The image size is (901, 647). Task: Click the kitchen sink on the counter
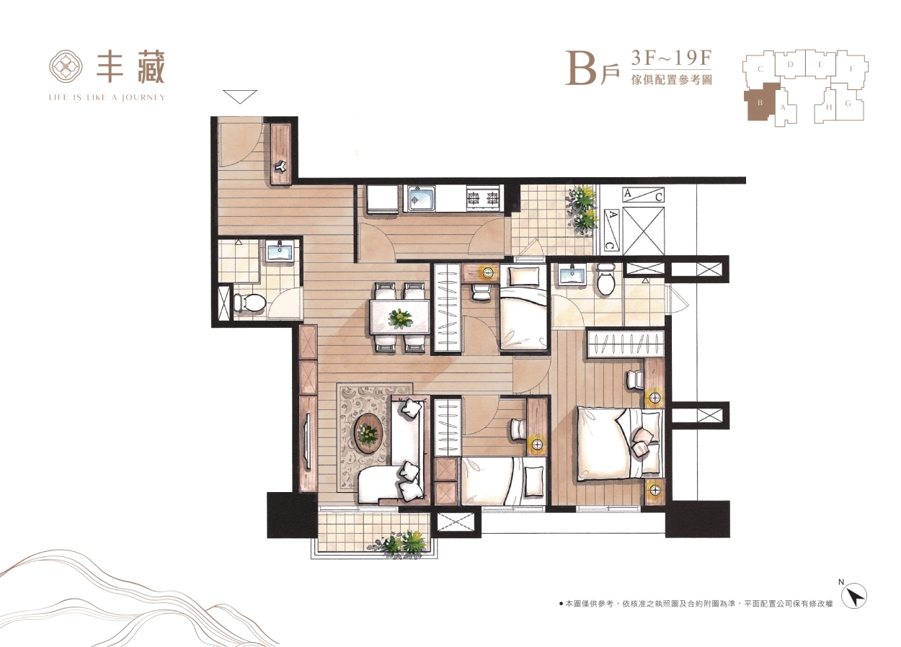coord(421,199)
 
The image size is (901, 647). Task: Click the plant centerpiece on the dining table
coord(400,318)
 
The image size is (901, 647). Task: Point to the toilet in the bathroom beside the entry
coord(249,303)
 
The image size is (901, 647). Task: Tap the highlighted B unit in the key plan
coord(760,102)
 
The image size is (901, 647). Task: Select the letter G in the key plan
coord(848,103)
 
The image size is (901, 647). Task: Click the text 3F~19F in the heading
coord(671,58)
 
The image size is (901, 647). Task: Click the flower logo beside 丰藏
coord(66,67)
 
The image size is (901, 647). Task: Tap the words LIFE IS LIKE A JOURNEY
coord(107,97)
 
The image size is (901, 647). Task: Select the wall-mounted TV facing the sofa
coord(309,441)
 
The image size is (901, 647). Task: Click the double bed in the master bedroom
coord(620,444)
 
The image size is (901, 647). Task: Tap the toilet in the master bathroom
coord(605,279)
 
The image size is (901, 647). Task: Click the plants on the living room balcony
coord(398,544)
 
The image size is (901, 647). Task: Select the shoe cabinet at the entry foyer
coord(280,154)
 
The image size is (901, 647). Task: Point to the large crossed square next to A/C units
coord(643,231)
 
